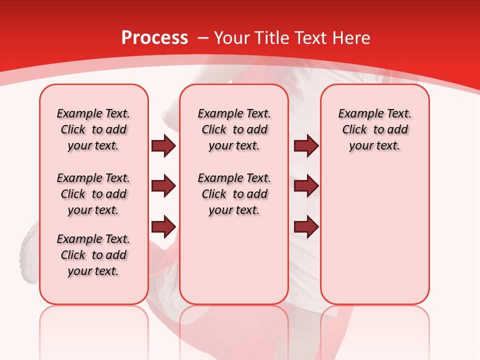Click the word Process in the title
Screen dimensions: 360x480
click(154, 38)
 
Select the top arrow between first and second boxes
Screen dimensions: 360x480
click(163, 146)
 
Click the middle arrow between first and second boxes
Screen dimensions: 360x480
click(163, 186)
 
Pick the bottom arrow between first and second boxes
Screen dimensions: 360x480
click(163, 226)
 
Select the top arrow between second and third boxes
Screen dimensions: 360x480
click(306, 146)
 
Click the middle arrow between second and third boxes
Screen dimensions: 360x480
click(306, 186)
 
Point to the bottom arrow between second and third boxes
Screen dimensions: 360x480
click(306, 226)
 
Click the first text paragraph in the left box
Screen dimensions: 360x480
click(93, 129)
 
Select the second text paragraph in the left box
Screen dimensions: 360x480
click(93, 194)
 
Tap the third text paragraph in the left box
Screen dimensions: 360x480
click(93, 255)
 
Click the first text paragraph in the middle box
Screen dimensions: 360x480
click(234, 129)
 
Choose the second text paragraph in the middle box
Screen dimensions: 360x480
click(234, 194)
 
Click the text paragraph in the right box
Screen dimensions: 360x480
click(374, 129)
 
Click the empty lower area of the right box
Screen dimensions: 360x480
click(374, 240)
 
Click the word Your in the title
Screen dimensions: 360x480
click(231, 38)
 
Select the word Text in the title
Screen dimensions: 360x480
click(312, 38)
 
